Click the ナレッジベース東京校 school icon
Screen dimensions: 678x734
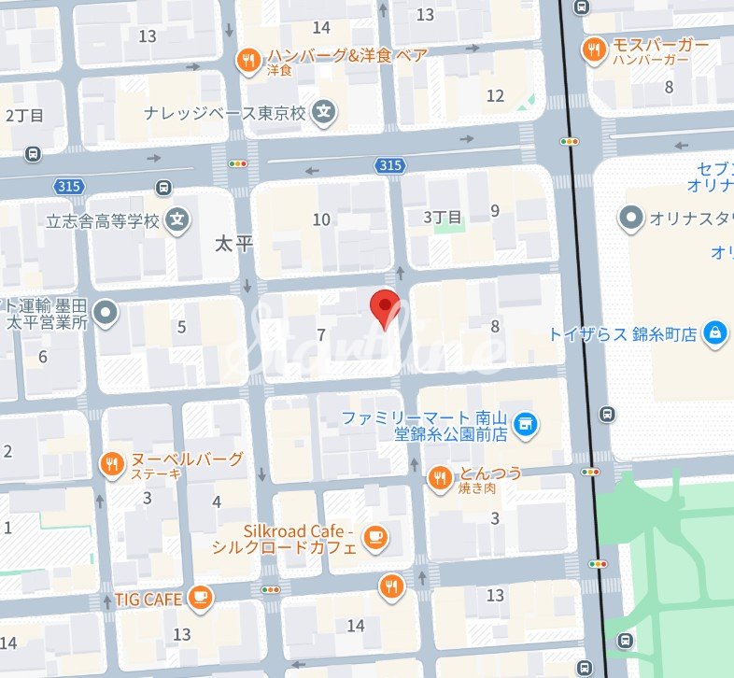pyautogui.click(x=324, y=113)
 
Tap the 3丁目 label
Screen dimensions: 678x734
pyautogui.click(x=443, y=217)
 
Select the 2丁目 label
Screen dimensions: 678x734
pyautogui.click(x=24, y=116)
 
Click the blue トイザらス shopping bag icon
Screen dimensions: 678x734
pyautogui.click(x=715, y=332)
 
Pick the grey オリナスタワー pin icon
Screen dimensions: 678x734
pyautogui.click(x=632, y=219)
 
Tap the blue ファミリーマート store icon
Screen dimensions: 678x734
pyautogui.click(x=527, y=425)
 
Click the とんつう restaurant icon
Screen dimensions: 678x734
pyautogui.click(x=439, y=479)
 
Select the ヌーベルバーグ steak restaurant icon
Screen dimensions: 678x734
pyautogui.click(x=112, y=464)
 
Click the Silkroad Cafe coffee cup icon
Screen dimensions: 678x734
pyautogui.click(x=375, y=537)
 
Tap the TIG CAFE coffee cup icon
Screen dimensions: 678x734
pyautogui.click(x=199, y=598)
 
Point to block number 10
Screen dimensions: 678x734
pyautogui.click(x=321, y=219)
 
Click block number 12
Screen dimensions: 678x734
pyautogui.click(x=495, y=95)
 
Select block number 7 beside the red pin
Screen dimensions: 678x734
pyautogui.click(x=321, y=334)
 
